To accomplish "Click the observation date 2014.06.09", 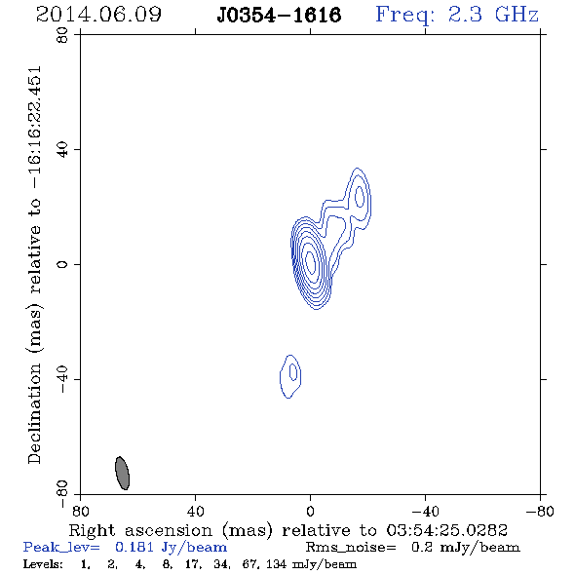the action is coord(98,15).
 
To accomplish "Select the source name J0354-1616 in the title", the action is coord(279,15).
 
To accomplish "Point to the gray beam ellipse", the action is coord(122,473).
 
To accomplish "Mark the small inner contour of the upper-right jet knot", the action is coord(360,197).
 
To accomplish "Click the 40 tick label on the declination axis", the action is coord(62,150).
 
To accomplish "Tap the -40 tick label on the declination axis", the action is coord(62,379).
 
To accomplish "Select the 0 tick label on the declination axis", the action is coord(62,264).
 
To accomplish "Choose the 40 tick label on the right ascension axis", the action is coord(196,512).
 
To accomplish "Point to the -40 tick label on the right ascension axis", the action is coord(425,512).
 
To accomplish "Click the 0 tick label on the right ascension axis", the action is coord(310,512).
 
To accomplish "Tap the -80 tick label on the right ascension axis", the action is coord(540,512).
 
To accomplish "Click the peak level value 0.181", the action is coord(134,547).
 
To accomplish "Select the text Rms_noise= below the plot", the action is coord(351,548).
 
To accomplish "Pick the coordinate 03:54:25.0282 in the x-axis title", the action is coord(446,530).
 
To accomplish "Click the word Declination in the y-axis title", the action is coord(34,413).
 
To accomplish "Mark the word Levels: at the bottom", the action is coord(43,563).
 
